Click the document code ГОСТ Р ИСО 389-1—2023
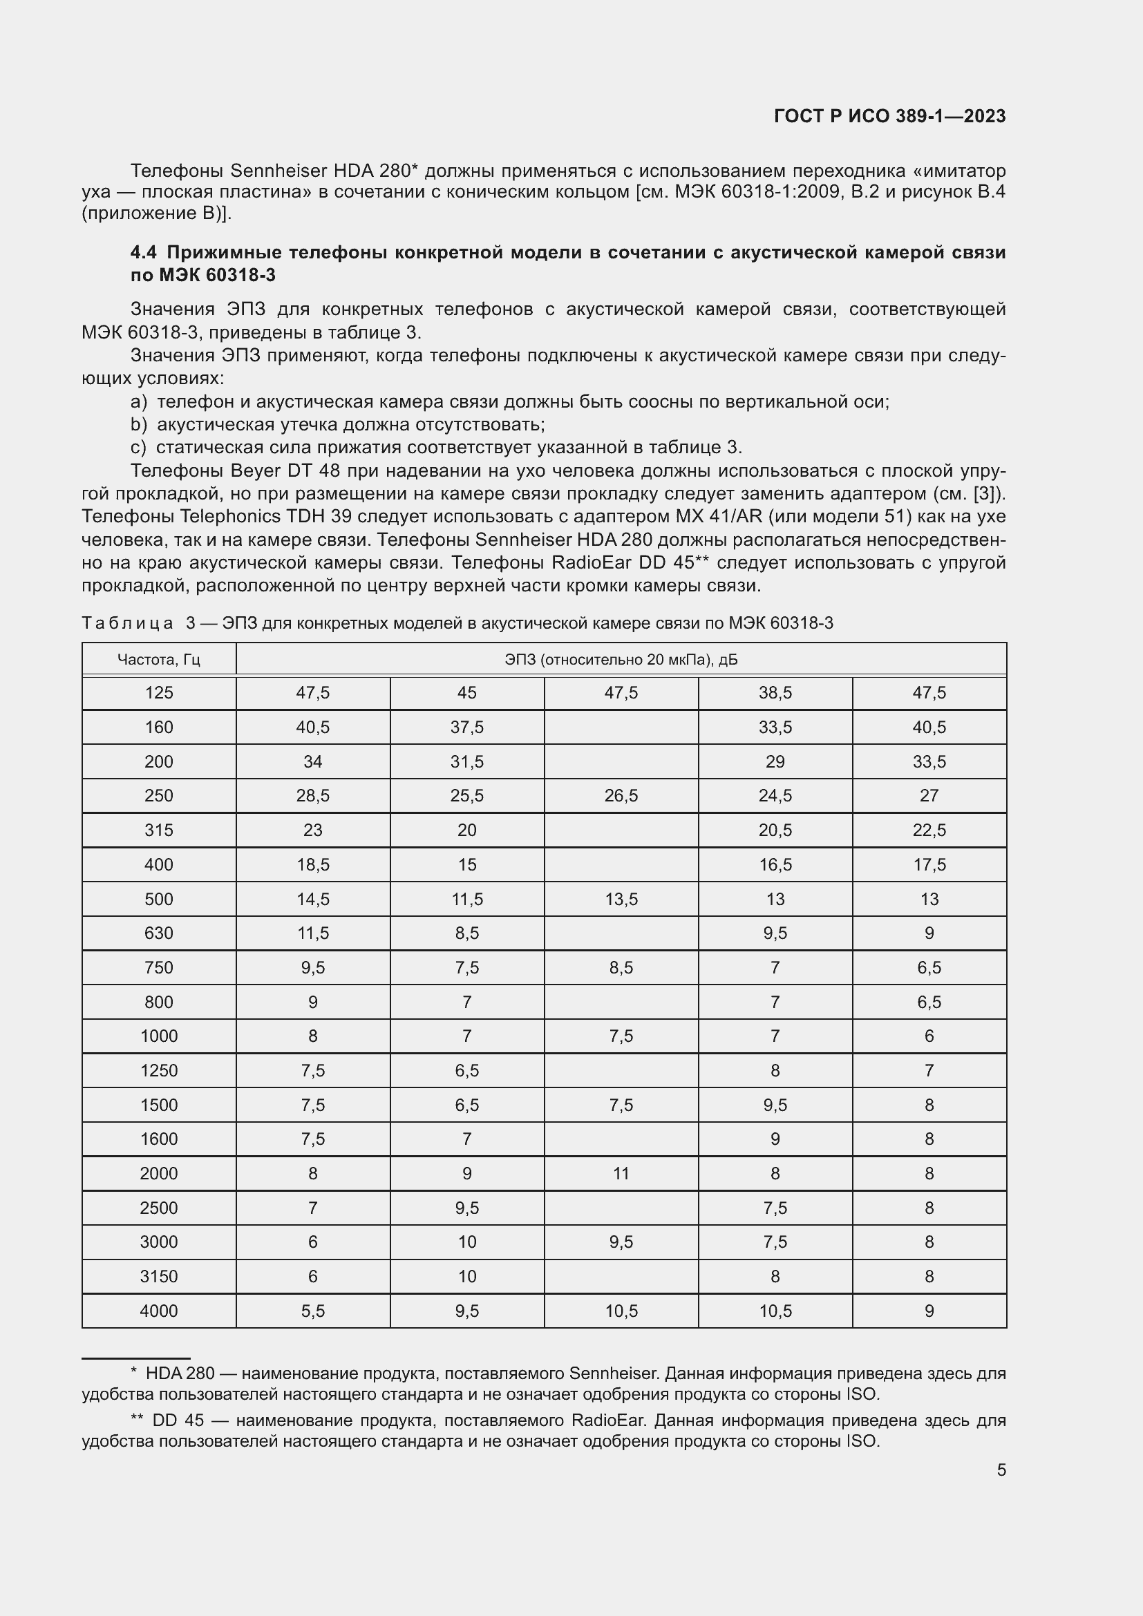[889, 116]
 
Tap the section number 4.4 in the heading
[144, 253]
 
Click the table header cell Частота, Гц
[158, 660]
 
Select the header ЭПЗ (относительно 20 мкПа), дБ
[621, 660]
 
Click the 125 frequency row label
[158, 693]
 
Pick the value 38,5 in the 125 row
[775, 693]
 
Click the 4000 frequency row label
[158, 1311]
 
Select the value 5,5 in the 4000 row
[312, 1311]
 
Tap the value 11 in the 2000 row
[621, 1173]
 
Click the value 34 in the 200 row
[312, 761]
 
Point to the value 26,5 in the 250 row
[621, 795]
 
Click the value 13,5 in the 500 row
[621, 899]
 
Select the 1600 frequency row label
[158, 1139]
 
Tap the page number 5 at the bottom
[1001, 1470]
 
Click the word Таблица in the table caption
[127, 623]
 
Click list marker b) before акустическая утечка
[139, 424]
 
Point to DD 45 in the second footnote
[178, 1420]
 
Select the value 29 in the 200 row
[775, 761]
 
